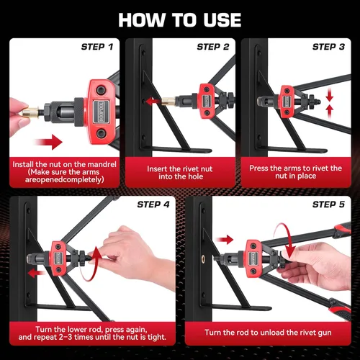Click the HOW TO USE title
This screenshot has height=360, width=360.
point(180,20)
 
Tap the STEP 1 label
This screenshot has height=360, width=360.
point(97,47)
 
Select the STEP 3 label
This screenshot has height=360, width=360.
point(328,47)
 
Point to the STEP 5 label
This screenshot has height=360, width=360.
point(328,204)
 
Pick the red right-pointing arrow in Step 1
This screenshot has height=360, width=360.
point(49,142)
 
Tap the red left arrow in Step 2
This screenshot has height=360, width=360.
point(153,102)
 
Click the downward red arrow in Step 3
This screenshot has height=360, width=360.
point(330,94)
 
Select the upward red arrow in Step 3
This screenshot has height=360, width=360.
point(330,112)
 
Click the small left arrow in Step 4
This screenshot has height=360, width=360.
point(37,273)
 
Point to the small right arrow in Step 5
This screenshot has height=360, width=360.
point(225,240)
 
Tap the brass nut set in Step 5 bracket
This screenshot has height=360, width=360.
point(204,258)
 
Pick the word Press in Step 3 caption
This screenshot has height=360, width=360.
point(258,168)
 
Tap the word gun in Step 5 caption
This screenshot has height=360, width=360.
point(325,333)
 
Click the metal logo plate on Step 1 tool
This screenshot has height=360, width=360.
point(102,112)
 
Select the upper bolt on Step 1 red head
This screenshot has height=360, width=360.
point(101,90)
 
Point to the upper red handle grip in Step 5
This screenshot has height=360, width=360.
point(341,229)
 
